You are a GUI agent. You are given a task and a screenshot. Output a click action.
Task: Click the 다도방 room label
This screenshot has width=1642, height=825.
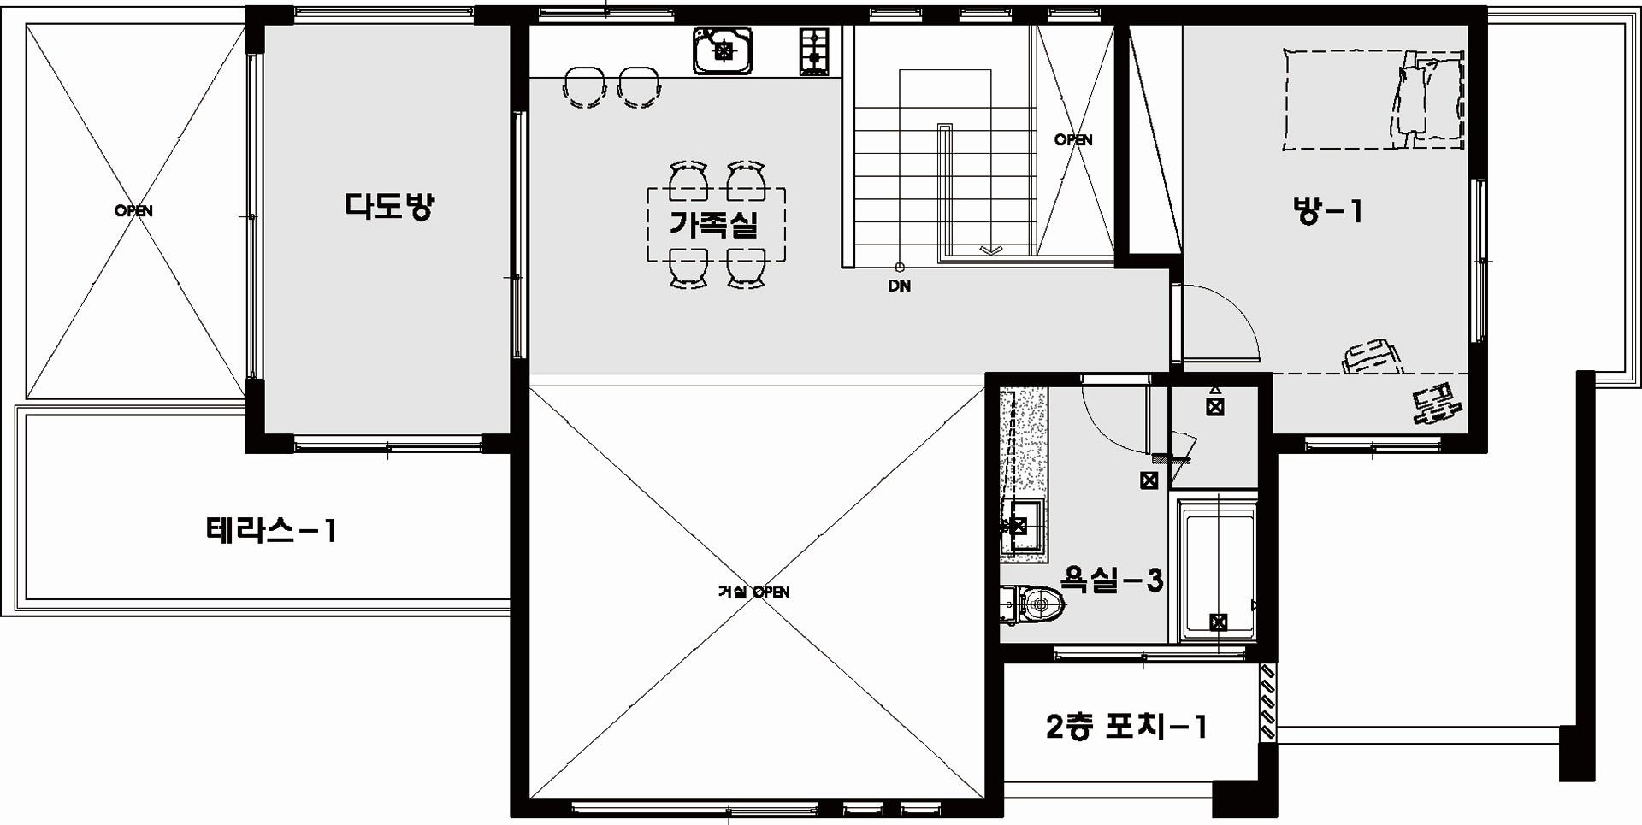click(389, 207)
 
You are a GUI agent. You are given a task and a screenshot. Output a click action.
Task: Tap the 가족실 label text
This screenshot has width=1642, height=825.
click(714, 224)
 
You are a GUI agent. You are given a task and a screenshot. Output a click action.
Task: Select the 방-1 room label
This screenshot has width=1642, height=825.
click(1327, 210)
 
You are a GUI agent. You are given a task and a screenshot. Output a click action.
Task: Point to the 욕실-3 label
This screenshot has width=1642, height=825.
click(1111, 580)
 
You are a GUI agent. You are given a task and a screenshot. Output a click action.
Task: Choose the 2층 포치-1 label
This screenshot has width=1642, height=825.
click(1126, 727)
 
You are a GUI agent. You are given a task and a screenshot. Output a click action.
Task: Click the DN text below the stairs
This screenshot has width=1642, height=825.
click(899, 286)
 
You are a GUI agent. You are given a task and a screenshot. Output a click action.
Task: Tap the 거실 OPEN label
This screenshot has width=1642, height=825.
click(753, 592)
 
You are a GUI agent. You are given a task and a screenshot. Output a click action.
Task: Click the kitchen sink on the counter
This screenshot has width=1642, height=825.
click(724, 50)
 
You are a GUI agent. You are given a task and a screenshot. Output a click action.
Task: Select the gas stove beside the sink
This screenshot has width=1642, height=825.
click(814, 50)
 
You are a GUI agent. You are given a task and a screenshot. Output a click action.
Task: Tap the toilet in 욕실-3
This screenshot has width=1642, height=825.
click(1033, 605)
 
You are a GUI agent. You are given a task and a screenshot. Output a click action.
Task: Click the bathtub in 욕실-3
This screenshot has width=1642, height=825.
click(1218, 571)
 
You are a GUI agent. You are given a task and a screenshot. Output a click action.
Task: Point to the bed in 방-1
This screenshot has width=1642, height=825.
click(1374, 100)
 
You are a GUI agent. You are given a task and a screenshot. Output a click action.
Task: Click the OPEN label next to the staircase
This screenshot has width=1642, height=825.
click(1073, 140)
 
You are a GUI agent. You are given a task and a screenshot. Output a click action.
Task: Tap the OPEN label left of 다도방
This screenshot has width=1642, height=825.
click(133, 210)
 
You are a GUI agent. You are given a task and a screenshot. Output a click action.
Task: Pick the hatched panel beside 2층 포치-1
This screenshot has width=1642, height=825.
click(1268, 702)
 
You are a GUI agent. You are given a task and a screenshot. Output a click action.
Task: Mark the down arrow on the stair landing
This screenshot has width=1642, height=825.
click(990, 250)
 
